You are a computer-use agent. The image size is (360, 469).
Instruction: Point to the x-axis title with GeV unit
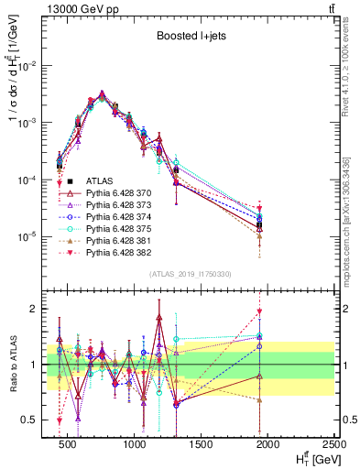pos(311,458)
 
